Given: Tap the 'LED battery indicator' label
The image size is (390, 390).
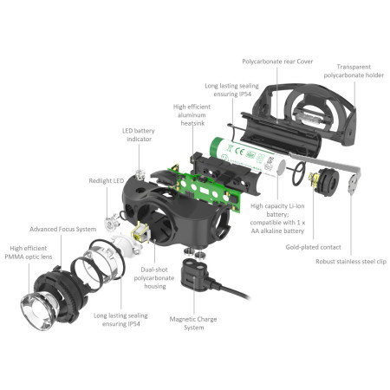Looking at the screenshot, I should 139,134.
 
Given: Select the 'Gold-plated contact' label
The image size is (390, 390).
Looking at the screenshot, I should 311,247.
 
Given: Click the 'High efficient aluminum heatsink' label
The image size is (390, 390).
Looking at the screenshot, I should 185,118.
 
